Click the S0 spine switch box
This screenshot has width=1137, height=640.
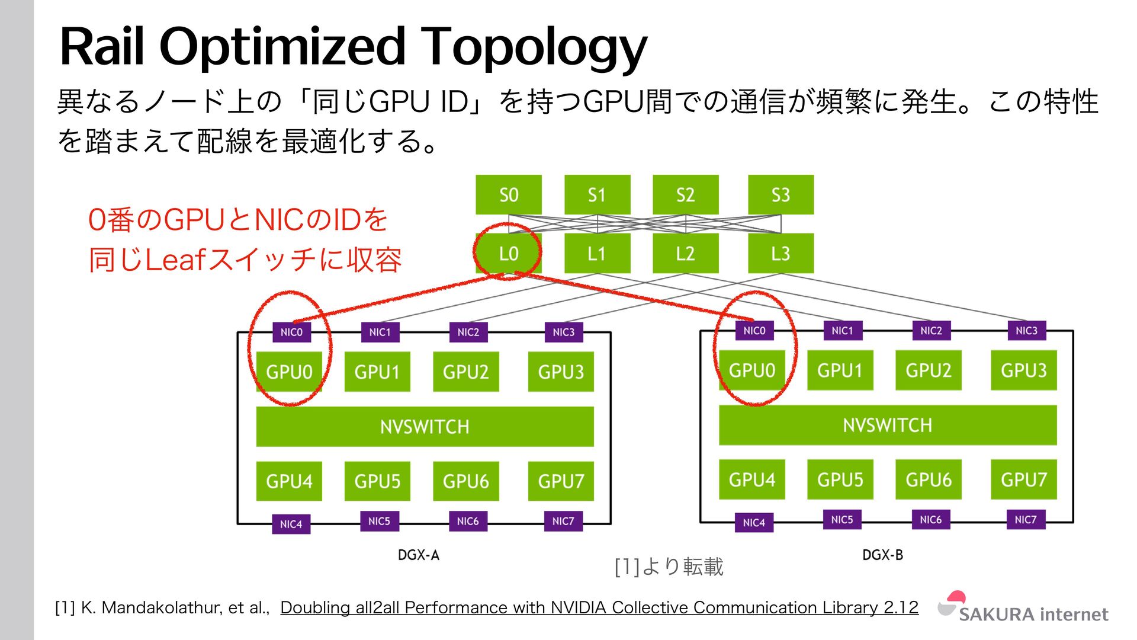coord(508,194)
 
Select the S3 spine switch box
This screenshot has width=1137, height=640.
coord(781,194)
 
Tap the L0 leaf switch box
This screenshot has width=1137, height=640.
coord(508,254)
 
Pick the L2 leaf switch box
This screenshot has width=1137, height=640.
coord(685,254)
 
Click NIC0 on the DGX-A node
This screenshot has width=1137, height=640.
coord(291,332)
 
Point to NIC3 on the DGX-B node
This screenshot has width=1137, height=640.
coord(1026,331)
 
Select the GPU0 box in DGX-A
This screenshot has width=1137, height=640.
coord(289,372)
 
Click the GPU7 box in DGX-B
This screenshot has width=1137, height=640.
coord(1023,479)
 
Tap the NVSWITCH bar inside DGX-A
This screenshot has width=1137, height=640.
coord(425,426)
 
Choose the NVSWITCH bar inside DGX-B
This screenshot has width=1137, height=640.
coord(887,425)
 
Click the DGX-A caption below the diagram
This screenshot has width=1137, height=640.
coord(419,555)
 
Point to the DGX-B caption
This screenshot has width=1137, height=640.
coord(882,555)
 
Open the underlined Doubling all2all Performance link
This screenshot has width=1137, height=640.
coord(599,607)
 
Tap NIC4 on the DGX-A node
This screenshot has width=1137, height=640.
coord(291,524)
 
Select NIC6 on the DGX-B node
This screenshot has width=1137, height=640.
coord(930,520)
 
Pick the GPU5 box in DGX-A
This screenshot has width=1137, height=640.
coord(377,481)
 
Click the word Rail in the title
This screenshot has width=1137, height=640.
coord(102,47)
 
